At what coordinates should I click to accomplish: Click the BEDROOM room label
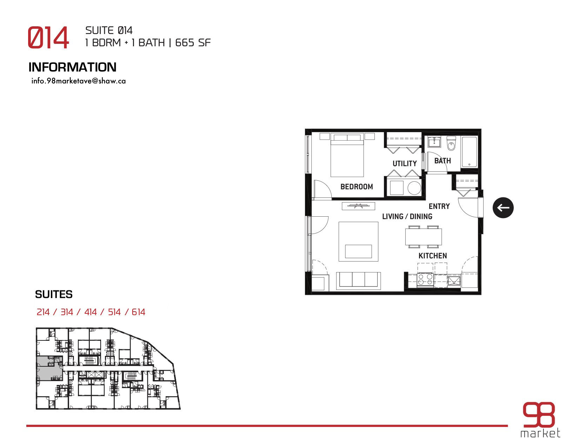[357, 187]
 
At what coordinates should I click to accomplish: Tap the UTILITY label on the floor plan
[405, 163]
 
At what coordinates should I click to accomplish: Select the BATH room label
[442, 161]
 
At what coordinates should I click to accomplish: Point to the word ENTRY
[439, 206]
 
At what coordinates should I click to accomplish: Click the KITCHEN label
[432, 256]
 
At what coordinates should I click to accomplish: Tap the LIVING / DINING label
[407, 216]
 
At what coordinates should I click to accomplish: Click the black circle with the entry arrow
[503, 208]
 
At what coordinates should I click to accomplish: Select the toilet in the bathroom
[451, 143]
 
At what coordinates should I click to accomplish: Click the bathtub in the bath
[469, 152]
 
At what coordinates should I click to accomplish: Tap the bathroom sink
[434, 141]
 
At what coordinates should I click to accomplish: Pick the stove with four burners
[425, 279]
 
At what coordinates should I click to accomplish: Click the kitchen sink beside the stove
[454, 280]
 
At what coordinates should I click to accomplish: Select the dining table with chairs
[424, 237]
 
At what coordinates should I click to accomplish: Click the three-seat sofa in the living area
[358, 280]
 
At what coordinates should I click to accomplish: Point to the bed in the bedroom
[347, 155]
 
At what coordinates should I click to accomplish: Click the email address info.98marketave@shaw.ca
[79, 81]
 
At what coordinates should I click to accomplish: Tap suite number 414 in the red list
[91, 312]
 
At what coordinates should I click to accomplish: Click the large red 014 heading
[48, 37]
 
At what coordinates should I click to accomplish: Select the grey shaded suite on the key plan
[49, 368]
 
